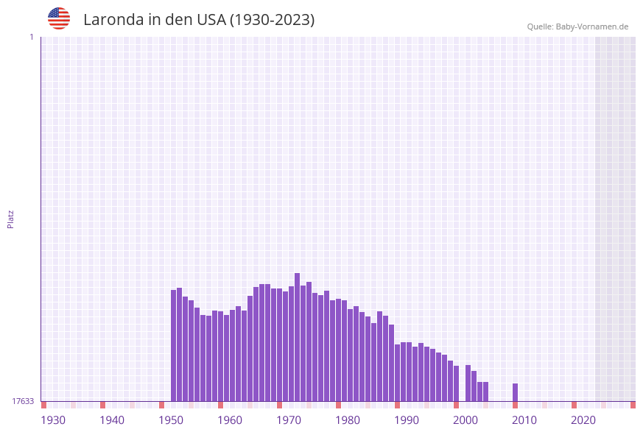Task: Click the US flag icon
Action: coord(59,18)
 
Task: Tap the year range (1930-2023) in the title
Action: coord(273,20)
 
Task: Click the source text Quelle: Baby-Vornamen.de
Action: coord(577,26)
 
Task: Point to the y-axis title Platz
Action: coord(11,219)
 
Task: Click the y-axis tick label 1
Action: coord(32,37)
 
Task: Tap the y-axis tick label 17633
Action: coord(23,401)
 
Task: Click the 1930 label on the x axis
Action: coord(53,420)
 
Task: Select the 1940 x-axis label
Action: coord(112,420)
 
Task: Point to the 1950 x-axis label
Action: coord(171,420)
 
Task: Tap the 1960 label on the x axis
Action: coord(230,420)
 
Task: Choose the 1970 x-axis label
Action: coord(289,420)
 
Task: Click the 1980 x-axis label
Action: coord(348,420)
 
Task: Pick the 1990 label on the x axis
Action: coord(407,420)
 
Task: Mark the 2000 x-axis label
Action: coord(465,420)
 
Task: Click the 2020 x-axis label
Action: coord(583,420)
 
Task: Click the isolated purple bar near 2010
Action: coord(515,392)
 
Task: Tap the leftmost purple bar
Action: coord(174,345)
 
